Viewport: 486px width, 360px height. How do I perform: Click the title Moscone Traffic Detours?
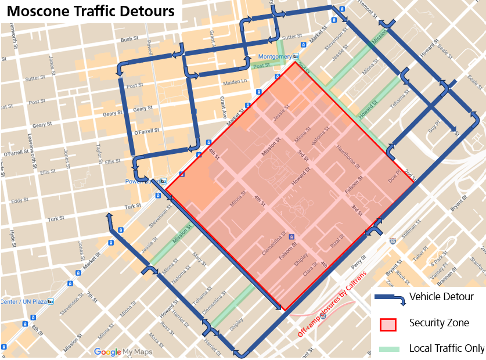[91, 10]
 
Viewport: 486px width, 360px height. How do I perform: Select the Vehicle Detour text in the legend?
[441, 297]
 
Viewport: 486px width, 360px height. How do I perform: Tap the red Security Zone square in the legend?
[387, 323]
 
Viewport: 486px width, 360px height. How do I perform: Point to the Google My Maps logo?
[123, 352]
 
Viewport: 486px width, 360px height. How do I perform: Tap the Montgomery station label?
[275, 56]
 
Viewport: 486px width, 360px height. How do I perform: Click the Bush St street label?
[129, 39]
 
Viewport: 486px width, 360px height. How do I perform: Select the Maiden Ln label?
[236, 81]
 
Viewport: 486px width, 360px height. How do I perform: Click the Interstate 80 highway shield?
[393, 240]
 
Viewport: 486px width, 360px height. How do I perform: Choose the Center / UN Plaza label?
[23, 301]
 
